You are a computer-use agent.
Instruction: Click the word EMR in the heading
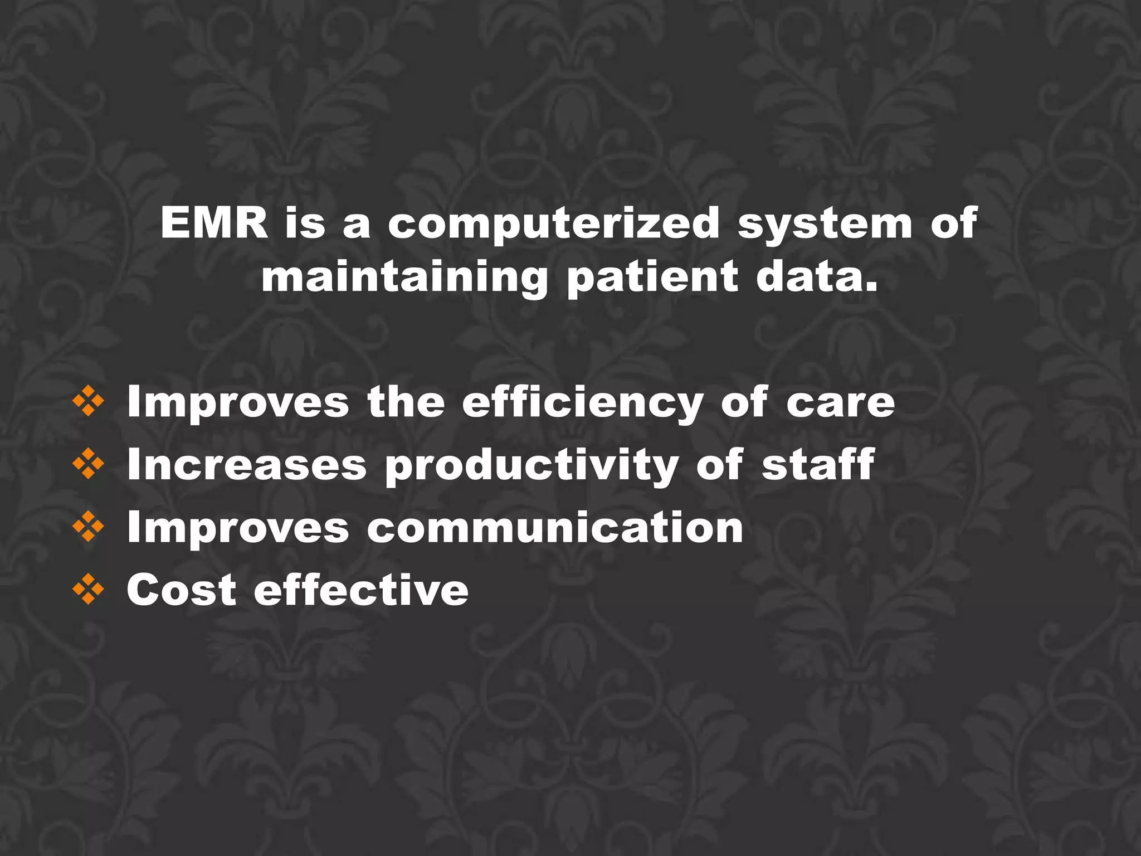click(x=214, y=223)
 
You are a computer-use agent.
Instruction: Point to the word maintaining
click(x=404, y=279)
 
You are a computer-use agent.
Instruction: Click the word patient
click(x=652, y=279)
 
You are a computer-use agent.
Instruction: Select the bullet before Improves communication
click(x=88, y=527)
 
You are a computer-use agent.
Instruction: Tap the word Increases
click(x=247, y=465)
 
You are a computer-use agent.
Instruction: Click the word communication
click(x=555, y=527)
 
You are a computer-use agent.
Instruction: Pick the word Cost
click(x=182, y=590)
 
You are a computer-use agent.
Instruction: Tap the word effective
click(x=362, y=590)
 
